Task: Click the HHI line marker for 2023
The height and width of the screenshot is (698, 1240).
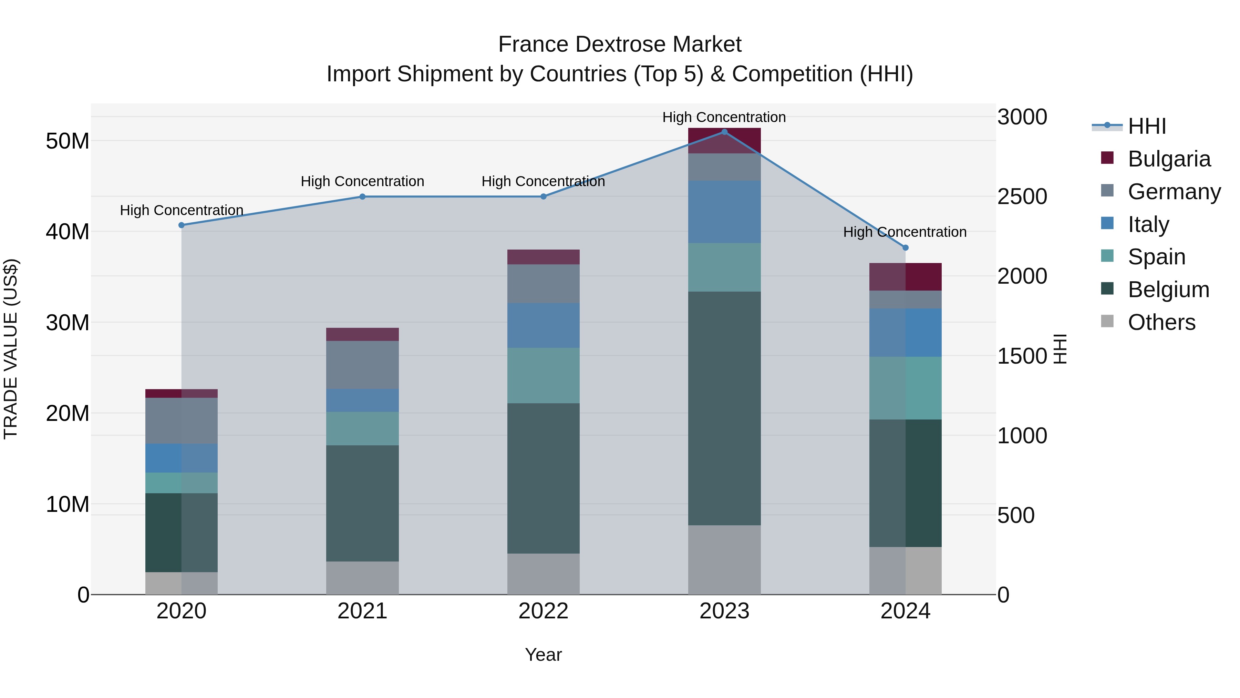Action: (724, 132)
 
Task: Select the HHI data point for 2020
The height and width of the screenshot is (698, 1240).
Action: (182, 225)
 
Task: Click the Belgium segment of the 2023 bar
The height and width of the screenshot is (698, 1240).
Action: (724, 408)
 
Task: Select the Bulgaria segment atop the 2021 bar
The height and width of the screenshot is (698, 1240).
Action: (362, 334)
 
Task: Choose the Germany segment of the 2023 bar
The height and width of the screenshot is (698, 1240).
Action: (724, 167)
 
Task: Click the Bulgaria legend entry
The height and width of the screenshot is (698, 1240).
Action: (1168, 159)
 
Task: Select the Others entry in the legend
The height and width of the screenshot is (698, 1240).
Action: (1161, 322)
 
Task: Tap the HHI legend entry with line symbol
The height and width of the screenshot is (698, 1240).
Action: (1147, 126)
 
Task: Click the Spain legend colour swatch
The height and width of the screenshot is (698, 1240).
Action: (1107, 256)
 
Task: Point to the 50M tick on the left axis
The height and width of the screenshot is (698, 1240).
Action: (68, 141)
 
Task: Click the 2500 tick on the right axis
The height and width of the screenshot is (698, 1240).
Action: (1022, 196)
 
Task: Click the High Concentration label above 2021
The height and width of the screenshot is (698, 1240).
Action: (362, 182)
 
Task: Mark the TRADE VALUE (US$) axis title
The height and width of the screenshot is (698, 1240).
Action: (11, 349)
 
